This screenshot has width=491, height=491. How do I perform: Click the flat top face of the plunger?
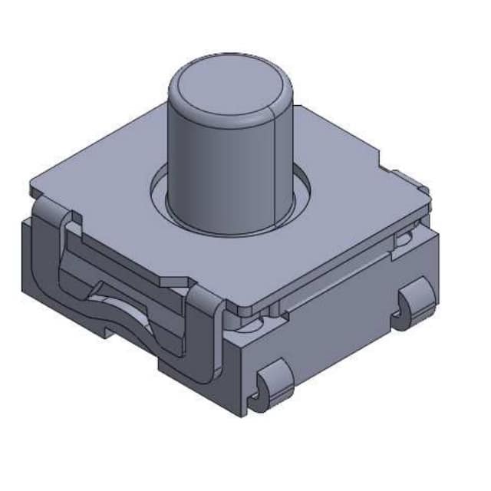229,85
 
